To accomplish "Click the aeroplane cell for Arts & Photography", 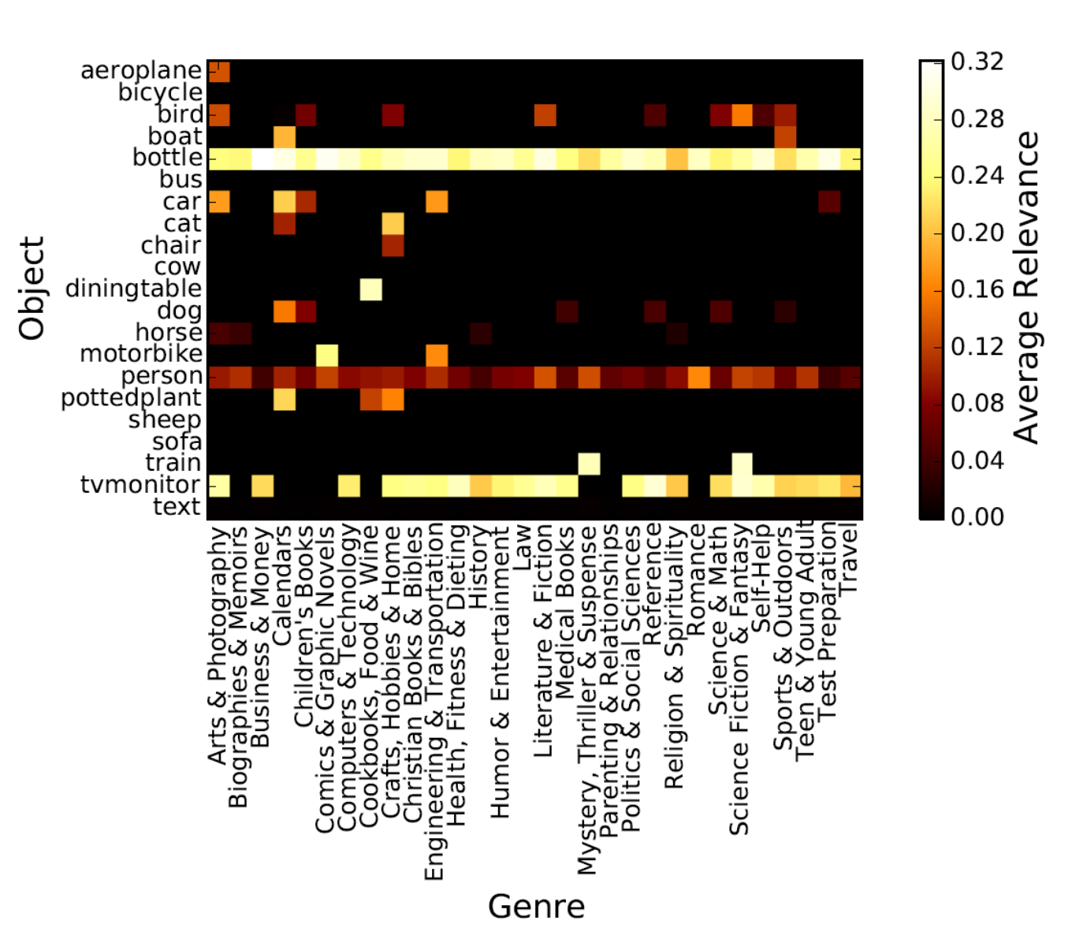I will pos(218,71).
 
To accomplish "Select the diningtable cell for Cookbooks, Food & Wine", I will pos(371,289).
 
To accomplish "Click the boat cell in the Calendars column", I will pos(284,136).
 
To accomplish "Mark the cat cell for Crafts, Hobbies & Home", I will pos(393,224).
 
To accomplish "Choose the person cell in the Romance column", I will pos(698,376).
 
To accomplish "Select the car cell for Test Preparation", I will pos(829,202).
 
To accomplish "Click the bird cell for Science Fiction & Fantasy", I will pos(742,114).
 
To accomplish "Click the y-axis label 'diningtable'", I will pos(133,289).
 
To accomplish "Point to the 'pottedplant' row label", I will pos(131,397).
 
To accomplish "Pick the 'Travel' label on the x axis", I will pos(849,561).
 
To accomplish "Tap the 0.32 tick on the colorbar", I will pos(977,61).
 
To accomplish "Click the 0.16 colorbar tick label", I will pos(977,289).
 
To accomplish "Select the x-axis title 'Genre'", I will pos(536,907).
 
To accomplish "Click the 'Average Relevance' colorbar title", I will pos(1026,288).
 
